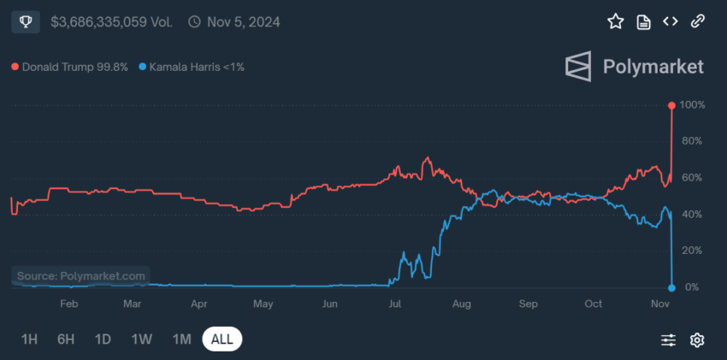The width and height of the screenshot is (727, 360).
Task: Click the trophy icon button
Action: point(26,21)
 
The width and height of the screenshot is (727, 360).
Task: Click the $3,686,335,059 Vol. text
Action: point(110,21)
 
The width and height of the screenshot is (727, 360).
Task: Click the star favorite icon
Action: point(615,21)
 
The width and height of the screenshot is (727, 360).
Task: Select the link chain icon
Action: point(698,21)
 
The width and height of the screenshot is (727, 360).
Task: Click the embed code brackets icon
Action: point(671,21)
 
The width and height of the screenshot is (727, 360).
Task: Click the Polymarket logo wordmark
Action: point(634,66)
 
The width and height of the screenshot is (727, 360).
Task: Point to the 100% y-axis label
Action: point(693,105)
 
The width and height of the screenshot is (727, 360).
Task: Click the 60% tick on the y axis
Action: point(693,178)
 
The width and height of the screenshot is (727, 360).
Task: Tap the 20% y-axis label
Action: point(693,251)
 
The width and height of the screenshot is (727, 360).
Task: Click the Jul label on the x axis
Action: point(396,304)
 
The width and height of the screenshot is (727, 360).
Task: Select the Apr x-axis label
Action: point(199,304)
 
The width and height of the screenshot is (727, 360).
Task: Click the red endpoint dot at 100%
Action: point(671,105)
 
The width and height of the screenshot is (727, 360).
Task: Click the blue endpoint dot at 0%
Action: point(671,287)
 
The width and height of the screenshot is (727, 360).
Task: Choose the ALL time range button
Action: point(222,339)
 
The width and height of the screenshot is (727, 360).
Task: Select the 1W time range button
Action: point(142,339)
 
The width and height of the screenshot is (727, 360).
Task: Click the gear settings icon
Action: point(697,340)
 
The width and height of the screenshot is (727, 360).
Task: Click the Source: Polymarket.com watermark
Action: point(81,276)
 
